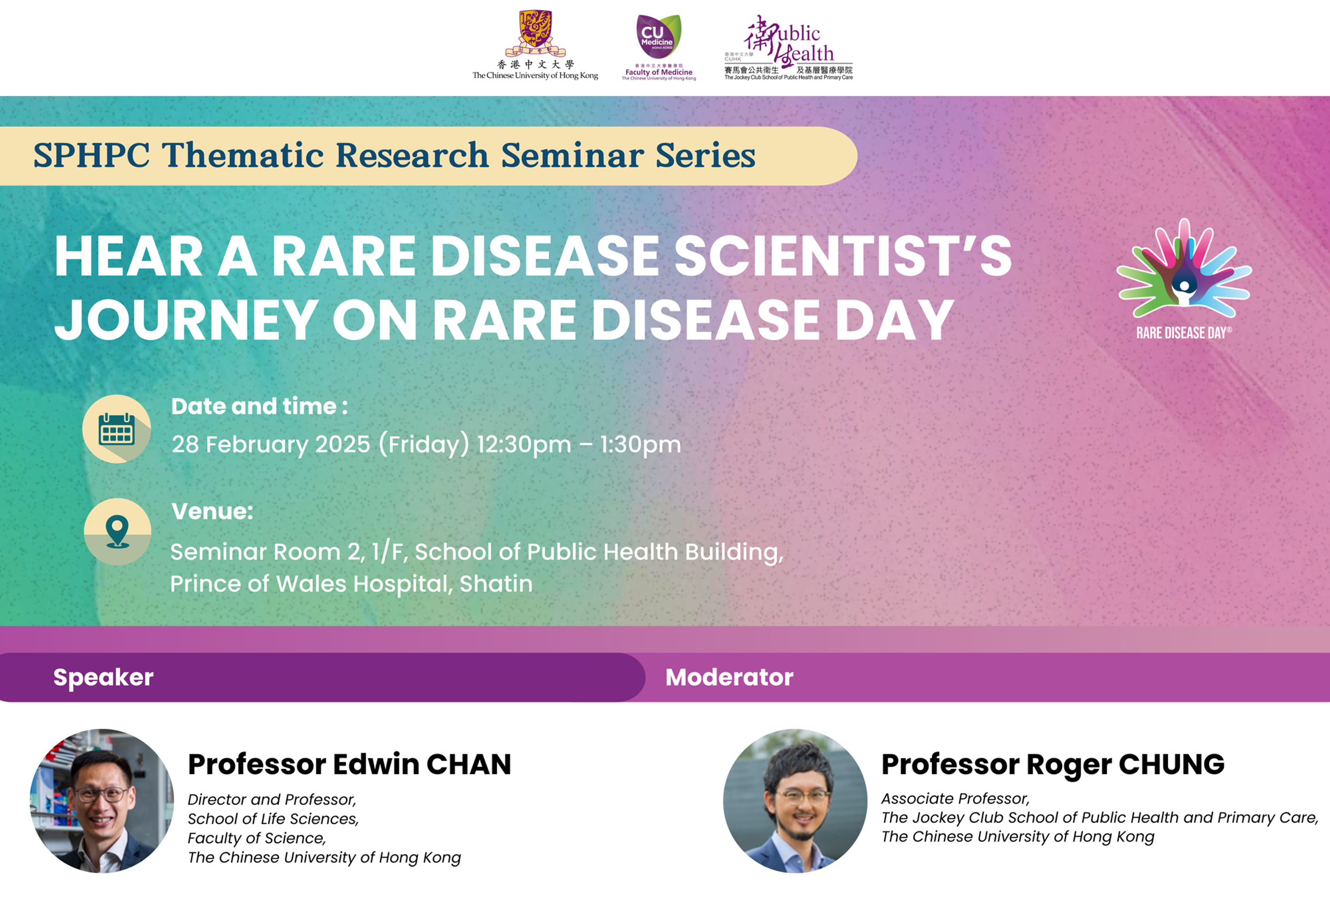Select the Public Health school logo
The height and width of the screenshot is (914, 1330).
(x=788, y=47)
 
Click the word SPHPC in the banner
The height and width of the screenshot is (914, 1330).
(x=92, y=155)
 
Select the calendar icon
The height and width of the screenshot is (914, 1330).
(x=117, y=429)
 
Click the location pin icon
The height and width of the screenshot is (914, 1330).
(x=117, y=532)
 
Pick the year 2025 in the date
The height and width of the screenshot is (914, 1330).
(x=342, y=445)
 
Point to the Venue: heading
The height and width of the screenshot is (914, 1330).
(x=212, y=511)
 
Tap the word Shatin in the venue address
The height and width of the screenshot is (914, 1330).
(x=496, y=584)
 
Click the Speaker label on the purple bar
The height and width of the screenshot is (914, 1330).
(x=104, y=677)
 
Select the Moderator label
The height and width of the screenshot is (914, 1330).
(x=729, y=677)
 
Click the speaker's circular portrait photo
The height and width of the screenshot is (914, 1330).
(x=102, y=801)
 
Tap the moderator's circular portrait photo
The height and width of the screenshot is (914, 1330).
(x=795, y=801)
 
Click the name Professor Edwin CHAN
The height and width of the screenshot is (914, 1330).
(x=349, y=764)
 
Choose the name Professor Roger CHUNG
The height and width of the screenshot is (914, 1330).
(x=1053, y=764)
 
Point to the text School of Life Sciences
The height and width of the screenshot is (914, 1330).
(x=273, y=819)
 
